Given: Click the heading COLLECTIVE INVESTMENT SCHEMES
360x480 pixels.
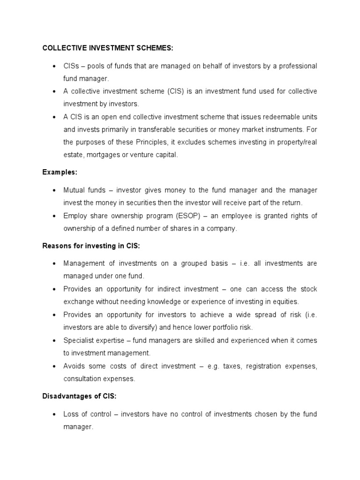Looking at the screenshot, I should click(x=108, y=48).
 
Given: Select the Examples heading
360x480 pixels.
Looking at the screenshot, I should click(x=60, y=172).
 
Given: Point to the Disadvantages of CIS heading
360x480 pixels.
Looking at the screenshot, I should click(x=79, y=396).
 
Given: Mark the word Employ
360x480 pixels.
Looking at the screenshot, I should click(x=75, y=216).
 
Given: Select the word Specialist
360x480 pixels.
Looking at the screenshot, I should click(x=80, y=340).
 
